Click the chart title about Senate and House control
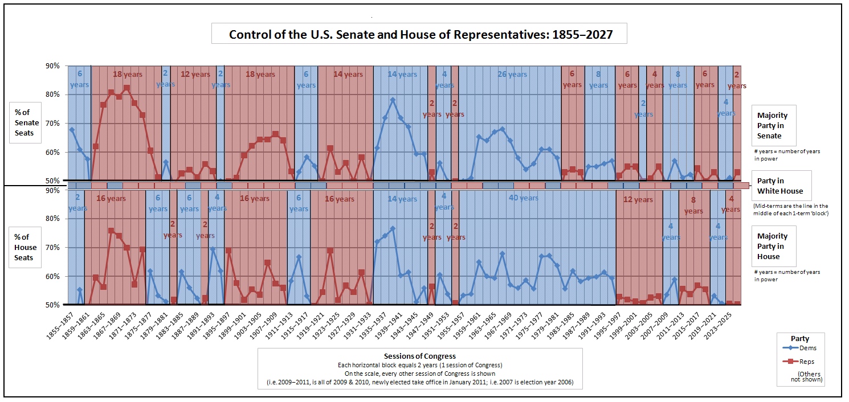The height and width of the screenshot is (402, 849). [x=421, y=34]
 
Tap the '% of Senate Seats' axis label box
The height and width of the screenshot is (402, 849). [x=27, y=123]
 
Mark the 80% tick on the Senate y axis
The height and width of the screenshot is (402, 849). [x=52, y=95]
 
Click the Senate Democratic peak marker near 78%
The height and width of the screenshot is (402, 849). [x=393, y=100]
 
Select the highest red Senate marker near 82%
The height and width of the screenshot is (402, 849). [x=126, y=88]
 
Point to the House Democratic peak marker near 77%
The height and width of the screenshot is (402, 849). [x=393, y=229]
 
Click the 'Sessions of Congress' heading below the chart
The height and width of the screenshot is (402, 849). [x=420, y=356]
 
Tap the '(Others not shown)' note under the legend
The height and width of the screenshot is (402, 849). [x=809, y=376]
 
